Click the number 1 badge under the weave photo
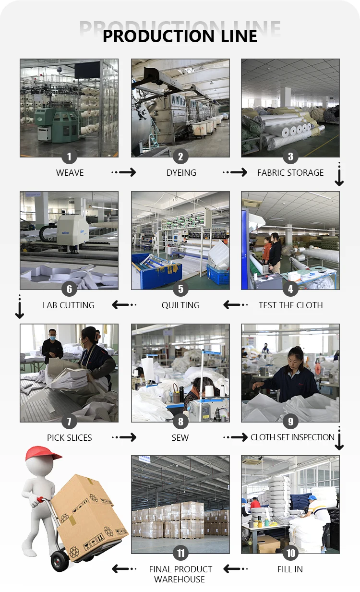[x=69, y=157]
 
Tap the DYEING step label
[x=181, y=173]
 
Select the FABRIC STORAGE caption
[x=290, y=173]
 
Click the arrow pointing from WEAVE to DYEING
[x=124, y=172]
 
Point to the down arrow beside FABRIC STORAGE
[x=339, y=174]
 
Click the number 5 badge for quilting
[x=180, y=289]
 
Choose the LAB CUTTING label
[x=69, y=305]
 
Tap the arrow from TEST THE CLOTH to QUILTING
[x=235, y=305]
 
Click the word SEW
[x=180, y=438]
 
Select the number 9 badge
[x=290, y=421]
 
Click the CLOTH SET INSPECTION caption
[x=292, y=437]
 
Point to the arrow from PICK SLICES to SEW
[x=124, y=437]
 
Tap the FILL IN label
[x=290, y=569]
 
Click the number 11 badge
[x=180, y=553]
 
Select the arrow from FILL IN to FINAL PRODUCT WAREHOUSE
[x=235, y=569]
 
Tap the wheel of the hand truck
[x=60, y=561]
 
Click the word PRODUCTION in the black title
[x=158, y=36]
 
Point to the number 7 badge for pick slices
[x=69, y=421]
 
